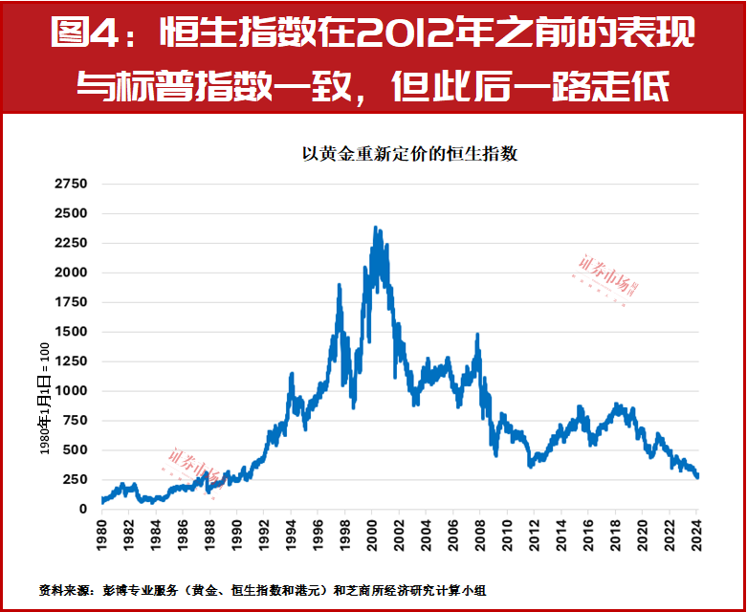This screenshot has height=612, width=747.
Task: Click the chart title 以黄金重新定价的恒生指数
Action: [409, 154]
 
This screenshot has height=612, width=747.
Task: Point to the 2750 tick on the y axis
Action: [71, 184]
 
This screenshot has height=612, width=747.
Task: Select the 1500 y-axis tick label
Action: [71, 332]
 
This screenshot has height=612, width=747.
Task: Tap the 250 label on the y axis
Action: [75, 480]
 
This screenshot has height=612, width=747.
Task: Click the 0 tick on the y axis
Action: [83, 510]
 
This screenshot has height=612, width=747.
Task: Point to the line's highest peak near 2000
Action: [375, 229]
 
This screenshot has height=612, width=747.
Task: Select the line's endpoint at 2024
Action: [697, 475]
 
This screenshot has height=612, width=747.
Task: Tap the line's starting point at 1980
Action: [101, 500]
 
